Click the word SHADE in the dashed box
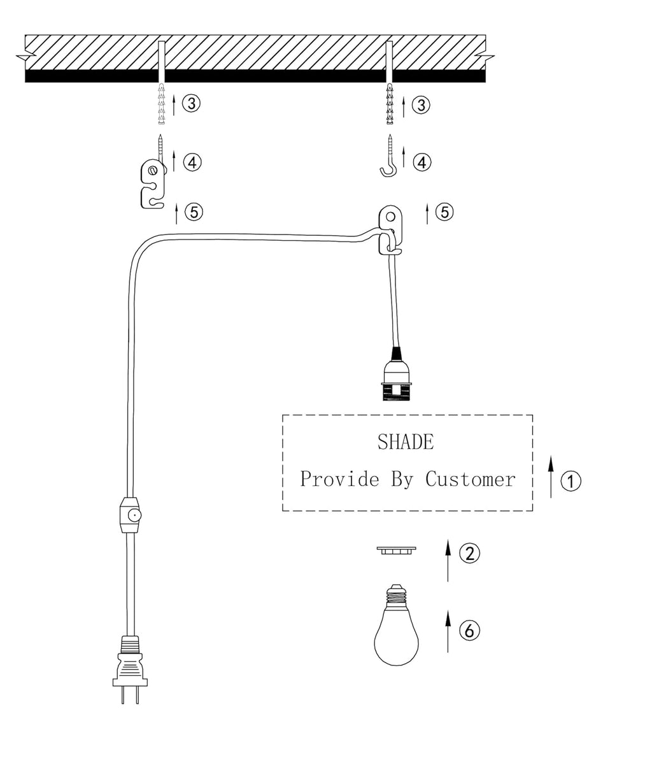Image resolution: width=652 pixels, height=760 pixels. [406, 442]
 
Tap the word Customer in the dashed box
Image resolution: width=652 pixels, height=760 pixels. [470, 479]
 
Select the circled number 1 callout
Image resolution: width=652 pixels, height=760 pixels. [570, 481]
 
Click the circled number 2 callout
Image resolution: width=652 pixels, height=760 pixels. [469, 553]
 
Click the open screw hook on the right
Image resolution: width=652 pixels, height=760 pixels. [390, 159]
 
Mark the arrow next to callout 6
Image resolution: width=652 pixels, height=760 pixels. [448, 631]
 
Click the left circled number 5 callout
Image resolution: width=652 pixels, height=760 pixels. [194, 212]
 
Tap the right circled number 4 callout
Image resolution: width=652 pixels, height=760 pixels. [421, 162]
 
